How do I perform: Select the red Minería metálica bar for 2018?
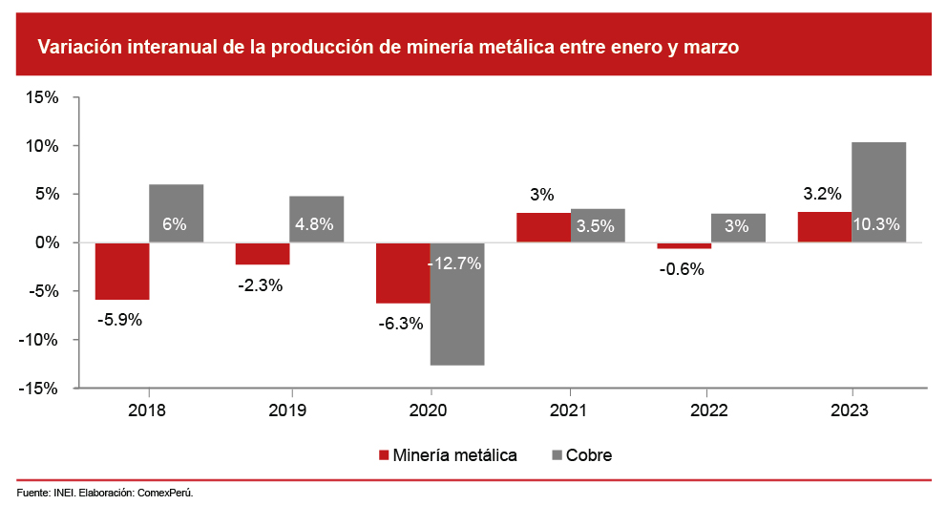pyautogui.click(x=121, y=271)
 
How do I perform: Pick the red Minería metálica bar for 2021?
pyautogui.click(x=543, y=227)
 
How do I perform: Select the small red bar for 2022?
pyautogui.click(x=684, y=245)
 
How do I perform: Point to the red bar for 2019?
pyautogui.click(x=262, y=253)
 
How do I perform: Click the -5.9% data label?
pyautogui.click(x=119, y=320)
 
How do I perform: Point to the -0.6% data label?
pyautogui.click(x=681, y=269)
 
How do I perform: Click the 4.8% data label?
pyautogui.click(x=316, y=226)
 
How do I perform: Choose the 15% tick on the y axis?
pyautogui.click(x=44, y=97)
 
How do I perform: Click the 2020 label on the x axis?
pyautogui.click(x=429, y=410)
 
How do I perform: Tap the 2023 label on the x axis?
pyautogui.click(x=851, y=410)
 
